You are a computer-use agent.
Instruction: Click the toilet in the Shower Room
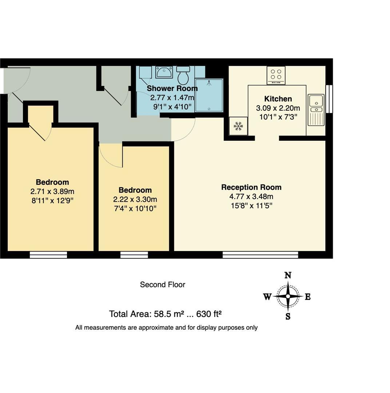click(183, 75)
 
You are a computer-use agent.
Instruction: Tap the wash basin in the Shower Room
click(164, 72)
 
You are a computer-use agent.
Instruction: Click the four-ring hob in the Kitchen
click(276, 75)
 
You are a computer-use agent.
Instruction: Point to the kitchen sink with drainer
click(316, 109)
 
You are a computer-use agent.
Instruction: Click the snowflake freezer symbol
click(238, 126)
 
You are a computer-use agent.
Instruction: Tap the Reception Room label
click(251, 187)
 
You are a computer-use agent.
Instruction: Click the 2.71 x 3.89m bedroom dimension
click(52, 191)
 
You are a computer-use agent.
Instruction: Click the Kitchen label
click(278, 99)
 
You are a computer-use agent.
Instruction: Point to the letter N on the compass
click(288, 275)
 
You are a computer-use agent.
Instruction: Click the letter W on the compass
click(267, 297)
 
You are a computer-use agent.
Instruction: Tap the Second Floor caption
click(163, 285)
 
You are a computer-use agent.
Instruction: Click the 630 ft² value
click(209, 314)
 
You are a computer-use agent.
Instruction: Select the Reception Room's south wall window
click(260, 254)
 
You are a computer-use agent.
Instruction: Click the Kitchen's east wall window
click(329, 99)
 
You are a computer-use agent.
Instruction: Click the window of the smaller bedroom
click(134, 254)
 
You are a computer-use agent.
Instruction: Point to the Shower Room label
click(172, 88)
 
